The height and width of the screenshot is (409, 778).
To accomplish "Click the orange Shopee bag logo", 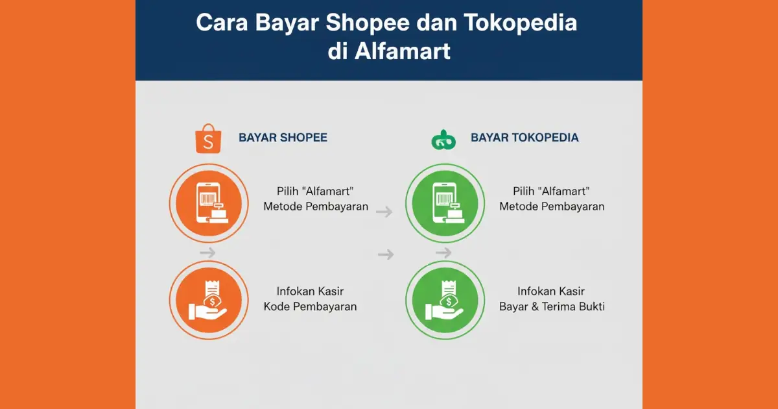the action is click(208, 138).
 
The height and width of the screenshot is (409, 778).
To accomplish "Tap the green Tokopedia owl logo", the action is click(443, 140).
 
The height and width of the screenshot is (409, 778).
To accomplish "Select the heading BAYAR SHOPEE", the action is click(283, 138).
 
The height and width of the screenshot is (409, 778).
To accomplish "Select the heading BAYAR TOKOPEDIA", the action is click(525, 138).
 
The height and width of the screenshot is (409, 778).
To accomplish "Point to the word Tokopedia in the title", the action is click(520, 23).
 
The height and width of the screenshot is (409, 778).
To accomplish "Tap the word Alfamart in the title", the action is click(402, 51).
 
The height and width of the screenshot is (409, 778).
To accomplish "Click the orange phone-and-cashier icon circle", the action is click(209, 203).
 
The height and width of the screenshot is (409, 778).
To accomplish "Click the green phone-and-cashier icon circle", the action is click(445, 203).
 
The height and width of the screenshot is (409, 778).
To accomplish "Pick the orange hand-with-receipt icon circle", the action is click(209, 300).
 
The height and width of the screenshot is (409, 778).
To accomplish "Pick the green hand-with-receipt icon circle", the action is click(445, 300).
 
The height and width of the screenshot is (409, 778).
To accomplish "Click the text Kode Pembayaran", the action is click(310, 306).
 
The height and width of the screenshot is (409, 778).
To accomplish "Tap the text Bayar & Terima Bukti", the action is click(552, 306).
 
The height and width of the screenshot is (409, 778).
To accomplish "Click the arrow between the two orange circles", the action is click(207, 253).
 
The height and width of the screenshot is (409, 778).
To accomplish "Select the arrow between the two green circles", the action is click(443, 253).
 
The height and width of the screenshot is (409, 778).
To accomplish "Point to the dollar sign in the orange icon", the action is click(213, 301).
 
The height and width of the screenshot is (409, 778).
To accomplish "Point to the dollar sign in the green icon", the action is click(449, 301).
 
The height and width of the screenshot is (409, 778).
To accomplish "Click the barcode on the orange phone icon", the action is click(207, 199).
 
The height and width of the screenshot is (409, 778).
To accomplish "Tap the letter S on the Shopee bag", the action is click(208, 142).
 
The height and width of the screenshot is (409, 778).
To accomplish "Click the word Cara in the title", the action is click(222, 23).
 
